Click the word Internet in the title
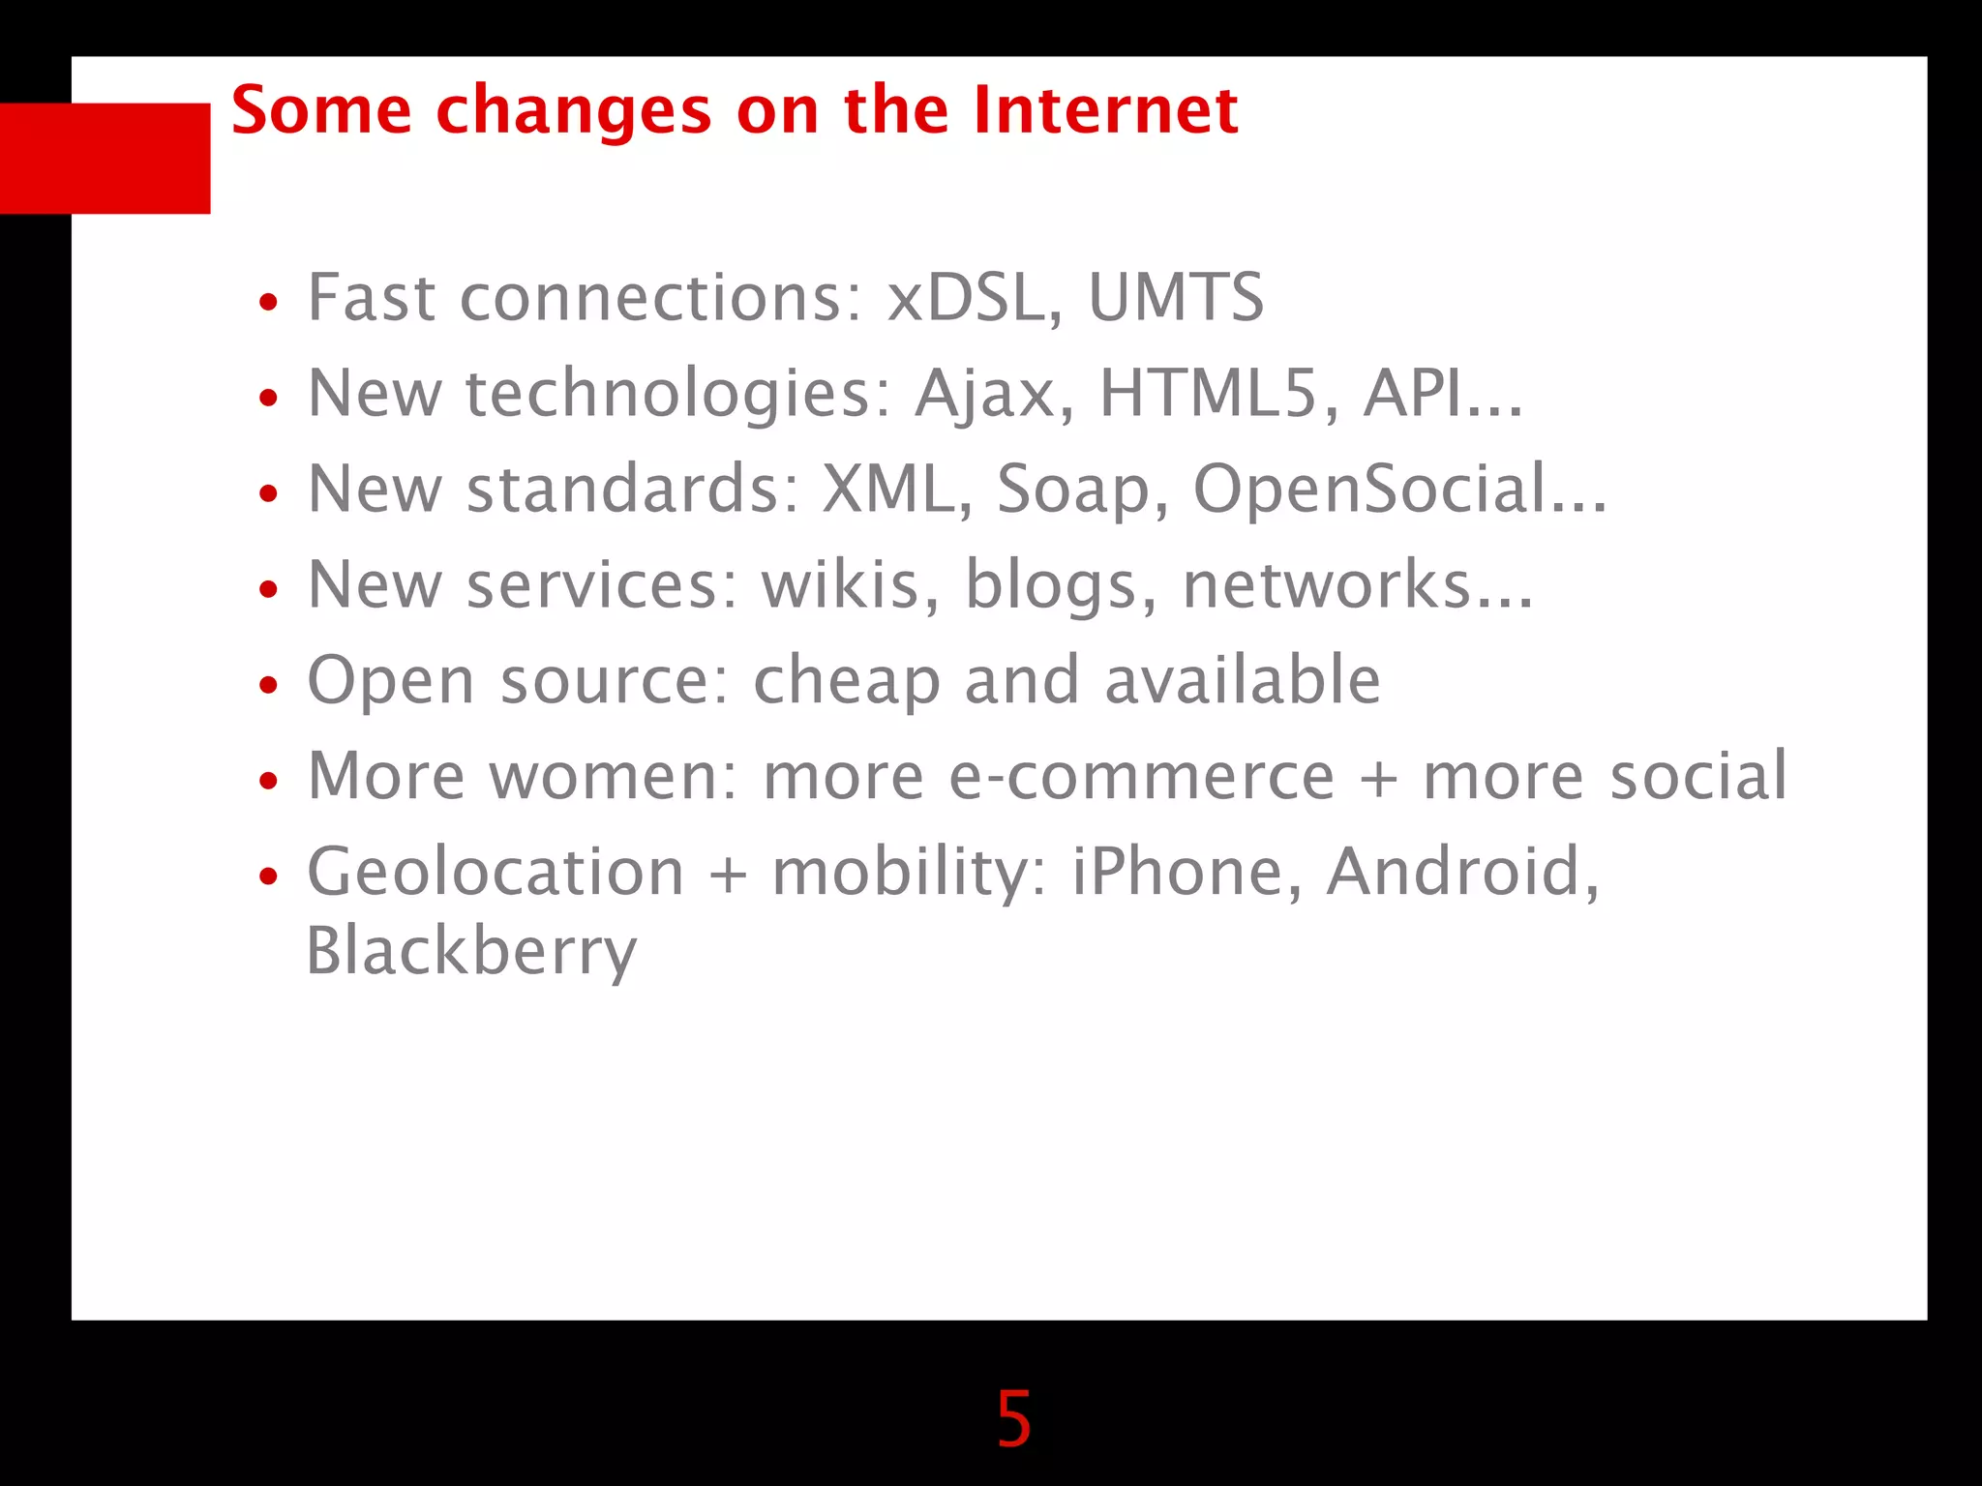coord(1105,109)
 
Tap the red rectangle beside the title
coord(105,158)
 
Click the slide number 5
coord(1013,1419)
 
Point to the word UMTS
coord(1176,297)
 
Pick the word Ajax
coord(993,395)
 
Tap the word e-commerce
coord(1142,776)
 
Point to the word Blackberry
coord(471,952)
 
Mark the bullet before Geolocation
coord(269,877)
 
